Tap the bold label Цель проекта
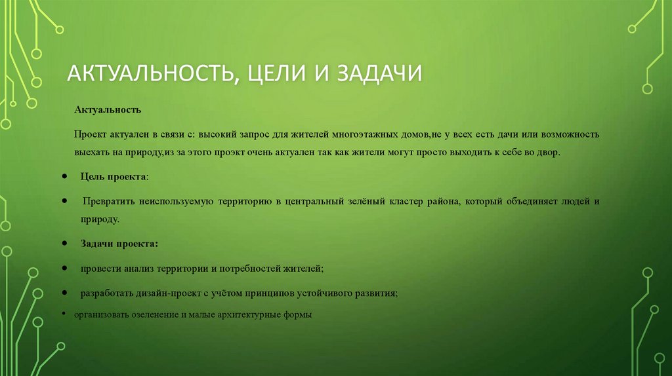[x=114, y=177]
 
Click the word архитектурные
[x=253, y=314]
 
